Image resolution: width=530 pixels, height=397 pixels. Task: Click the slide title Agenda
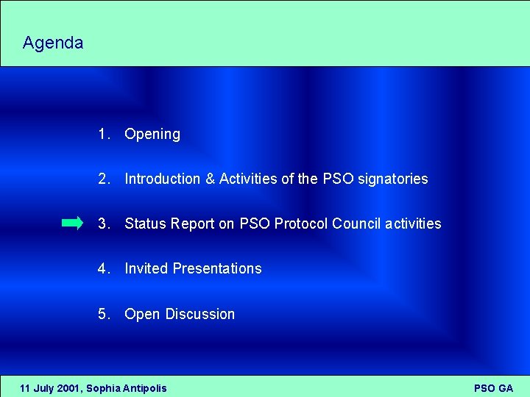coord(53,43)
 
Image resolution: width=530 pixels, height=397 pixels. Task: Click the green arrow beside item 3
coord(72,223)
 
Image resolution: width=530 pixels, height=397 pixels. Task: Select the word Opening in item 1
coord(152,135)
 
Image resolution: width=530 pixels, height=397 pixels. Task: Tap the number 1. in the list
coord(104,134)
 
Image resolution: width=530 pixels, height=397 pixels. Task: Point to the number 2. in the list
coord(104,179)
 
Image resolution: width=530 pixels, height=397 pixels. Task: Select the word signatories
coord(392,179)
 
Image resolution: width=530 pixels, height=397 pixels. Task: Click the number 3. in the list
coord(104,223)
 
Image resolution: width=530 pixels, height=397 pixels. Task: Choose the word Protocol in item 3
coord(301,223)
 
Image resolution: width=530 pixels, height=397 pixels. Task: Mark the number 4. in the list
coord(104,268)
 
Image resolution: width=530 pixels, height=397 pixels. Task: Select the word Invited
coord(146,268)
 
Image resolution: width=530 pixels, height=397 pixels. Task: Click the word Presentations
coord(217,268)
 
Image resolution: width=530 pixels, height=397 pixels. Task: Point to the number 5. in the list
coord(104,314)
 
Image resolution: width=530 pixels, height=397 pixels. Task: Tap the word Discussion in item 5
coord(200,314)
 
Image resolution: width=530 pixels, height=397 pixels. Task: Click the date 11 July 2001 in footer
coord(50,387)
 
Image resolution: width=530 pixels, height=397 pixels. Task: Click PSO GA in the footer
coord(493,387)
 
